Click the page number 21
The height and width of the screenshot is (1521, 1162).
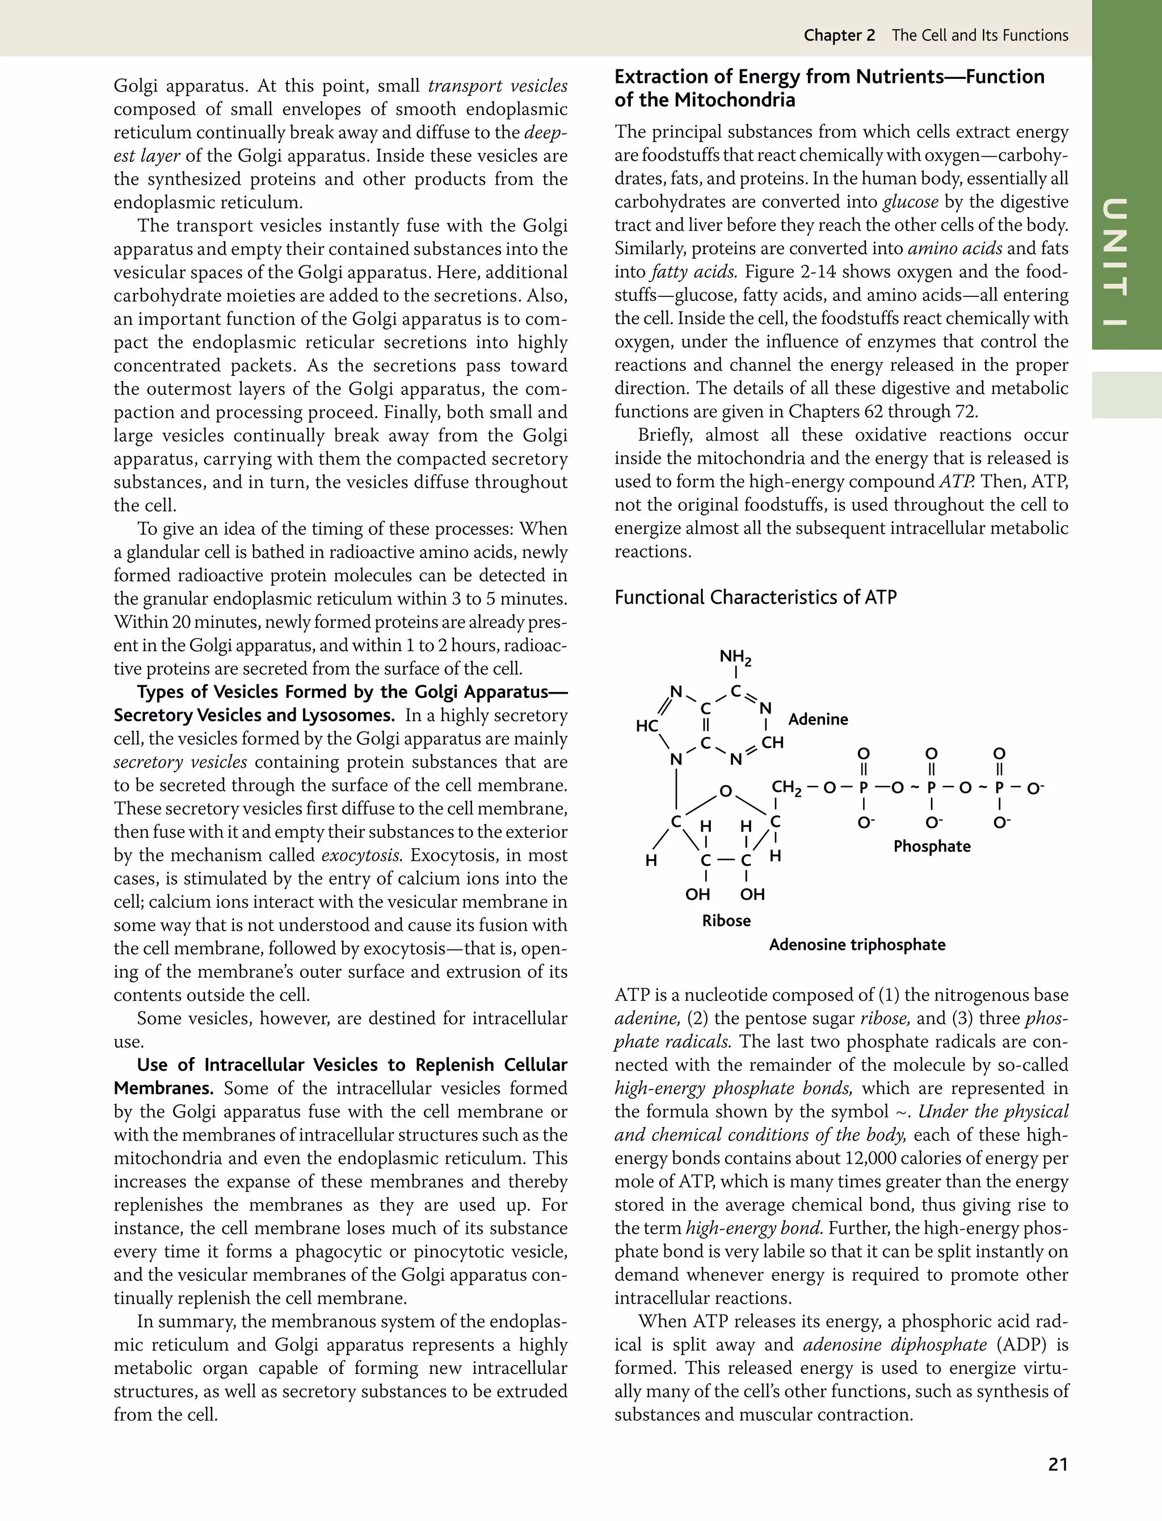(1058, 1464)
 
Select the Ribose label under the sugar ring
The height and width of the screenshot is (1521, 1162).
(726, 920)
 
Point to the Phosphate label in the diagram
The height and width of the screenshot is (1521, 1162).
(932, 847)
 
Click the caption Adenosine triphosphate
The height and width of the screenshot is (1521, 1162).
(857, 945)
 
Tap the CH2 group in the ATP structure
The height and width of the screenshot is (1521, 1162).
(786, 787)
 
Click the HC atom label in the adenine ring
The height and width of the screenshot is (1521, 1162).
(646, 726)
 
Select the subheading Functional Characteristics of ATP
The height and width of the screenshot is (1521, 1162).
(755, 597)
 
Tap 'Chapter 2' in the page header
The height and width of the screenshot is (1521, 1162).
(838, 35)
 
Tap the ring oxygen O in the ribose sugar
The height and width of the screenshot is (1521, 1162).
(725, 791)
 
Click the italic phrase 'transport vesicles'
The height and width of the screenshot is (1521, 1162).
(497, 86)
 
